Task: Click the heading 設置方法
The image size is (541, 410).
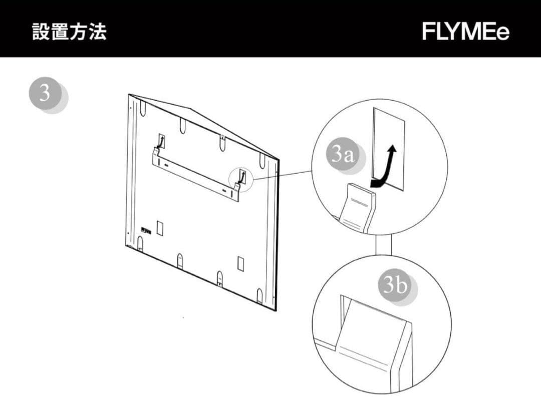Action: tap(69, 32)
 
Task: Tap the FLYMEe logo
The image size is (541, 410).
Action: tap(465, 32)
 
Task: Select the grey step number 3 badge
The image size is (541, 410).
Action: tap(46, 94)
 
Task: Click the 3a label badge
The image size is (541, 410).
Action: tap(343, 155)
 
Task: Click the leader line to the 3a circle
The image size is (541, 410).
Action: tap(283, 174)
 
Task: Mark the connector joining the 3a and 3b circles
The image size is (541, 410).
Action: tap(384, 245)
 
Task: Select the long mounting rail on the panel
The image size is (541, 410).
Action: tap(195, 173)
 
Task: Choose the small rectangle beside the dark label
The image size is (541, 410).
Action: tap(160, 228)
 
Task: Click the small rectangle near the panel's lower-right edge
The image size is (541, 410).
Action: tap(240, 263)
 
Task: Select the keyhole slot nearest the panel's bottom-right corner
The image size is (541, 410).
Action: tap(259, 295)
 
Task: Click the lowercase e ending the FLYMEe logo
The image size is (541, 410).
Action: tap(502, 33)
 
